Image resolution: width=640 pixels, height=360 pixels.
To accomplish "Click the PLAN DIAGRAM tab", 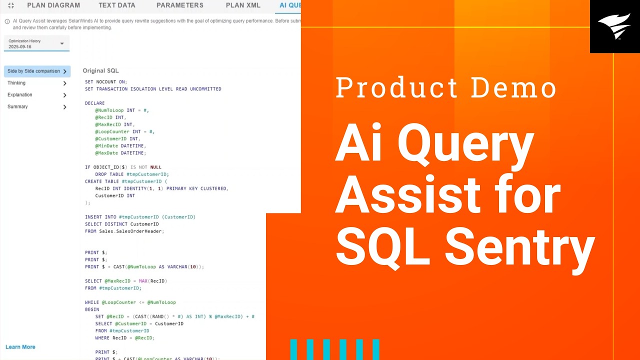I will (53, 5).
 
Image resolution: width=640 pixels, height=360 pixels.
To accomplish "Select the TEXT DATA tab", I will (117, 5).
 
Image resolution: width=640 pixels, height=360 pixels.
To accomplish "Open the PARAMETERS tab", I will (180, 5).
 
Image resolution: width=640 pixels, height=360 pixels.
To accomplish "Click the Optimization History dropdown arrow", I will (62, 43).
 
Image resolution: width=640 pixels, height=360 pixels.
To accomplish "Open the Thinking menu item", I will (16, 83).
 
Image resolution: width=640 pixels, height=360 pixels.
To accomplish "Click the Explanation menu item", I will (20, 95).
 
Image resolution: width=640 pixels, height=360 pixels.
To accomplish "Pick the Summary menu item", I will (17, 106).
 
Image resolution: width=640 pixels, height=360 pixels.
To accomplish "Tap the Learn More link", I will (20, 347).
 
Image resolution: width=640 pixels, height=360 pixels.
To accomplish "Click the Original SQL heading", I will (100, 71).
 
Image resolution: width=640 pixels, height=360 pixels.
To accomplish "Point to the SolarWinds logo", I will (614, 26).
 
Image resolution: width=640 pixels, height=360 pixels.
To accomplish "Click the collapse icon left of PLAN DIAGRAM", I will (11, 5).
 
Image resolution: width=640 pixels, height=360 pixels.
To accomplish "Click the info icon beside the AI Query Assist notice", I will (7, 21).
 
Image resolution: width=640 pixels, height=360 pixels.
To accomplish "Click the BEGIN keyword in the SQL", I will (92, 309).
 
